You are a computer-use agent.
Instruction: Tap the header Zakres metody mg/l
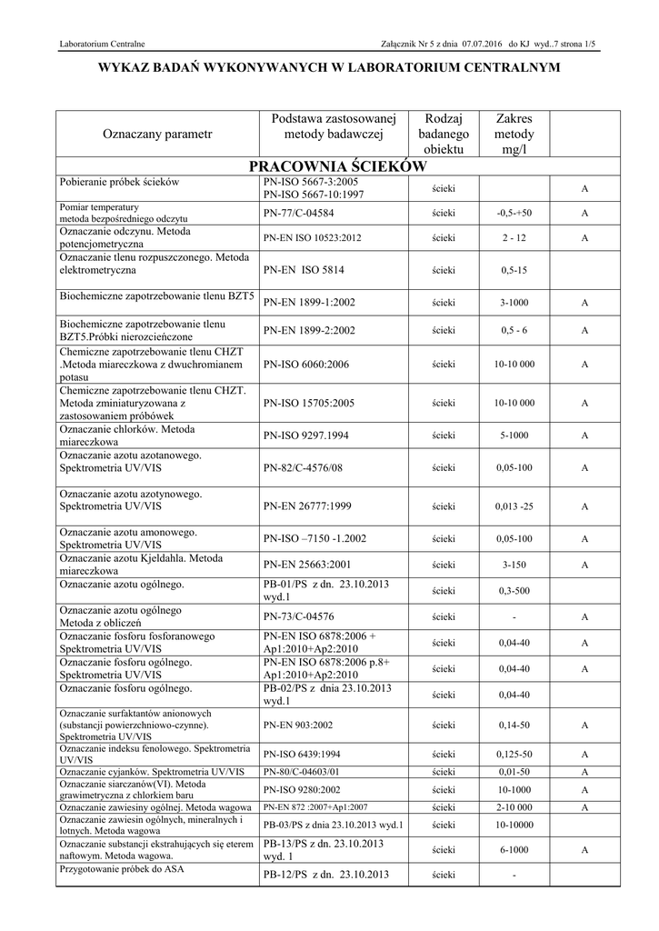pos(514,134)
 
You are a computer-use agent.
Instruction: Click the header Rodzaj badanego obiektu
pos(444,134)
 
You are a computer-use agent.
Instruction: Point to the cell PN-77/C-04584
pos(296,213)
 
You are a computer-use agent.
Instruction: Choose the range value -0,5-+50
pos(514,213)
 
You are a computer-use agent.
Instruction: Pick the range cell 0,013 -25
pos(514,506)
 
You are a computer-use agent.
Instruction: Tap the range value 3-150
pos(514,564)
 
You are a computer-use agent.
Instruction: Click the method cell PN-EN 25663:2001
pos(308,564)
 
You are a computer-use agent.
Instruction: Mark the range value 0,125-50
pos(514,755)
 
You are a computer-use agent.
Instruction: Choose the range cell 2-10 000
pos(514,806)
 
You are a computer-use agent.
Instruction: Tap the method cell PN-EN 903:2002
pos(297,726)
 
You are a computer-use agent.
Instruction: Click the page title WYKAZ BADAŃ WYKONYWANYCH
pos(330,69)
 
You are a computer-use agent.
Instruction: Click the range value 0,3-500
pos(514,590)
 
